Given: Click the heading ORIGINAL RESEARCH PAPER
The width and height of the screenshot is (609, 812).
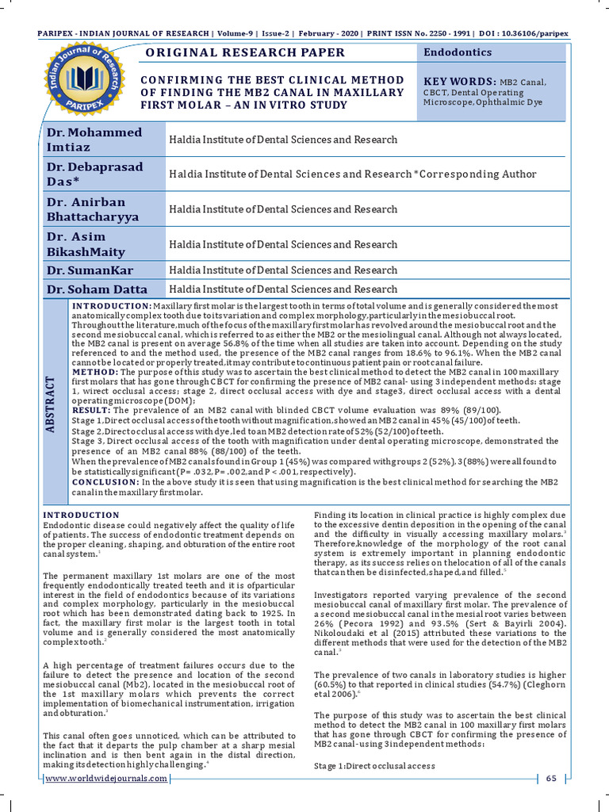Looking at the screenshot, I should point(243,53).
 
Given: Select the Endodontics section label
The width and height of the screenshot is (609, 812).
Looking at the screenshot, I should point(458,52).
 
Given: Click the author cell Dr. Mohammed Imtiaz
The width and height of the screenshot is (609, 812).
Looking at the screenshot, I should point(94,140).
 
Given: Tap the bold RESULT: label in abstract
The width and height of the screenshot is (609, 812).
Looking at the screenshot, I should point(91,410).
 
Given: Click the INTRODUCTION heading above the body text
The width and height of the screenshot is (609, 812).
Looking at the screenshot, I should point(81,515).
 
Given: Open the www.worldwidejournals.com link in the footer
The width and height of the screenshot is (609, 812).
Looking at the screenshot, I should point(106,778).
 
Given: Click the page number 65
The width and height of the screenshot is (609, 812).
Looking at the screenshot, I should point(552,778).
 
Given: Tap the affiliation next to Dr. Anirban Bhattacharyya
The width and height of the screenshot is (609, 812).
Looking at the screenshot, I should point(283,209).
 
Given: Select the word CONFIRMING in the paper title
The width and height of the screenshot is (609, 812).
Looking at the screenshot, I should point(179,80).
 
